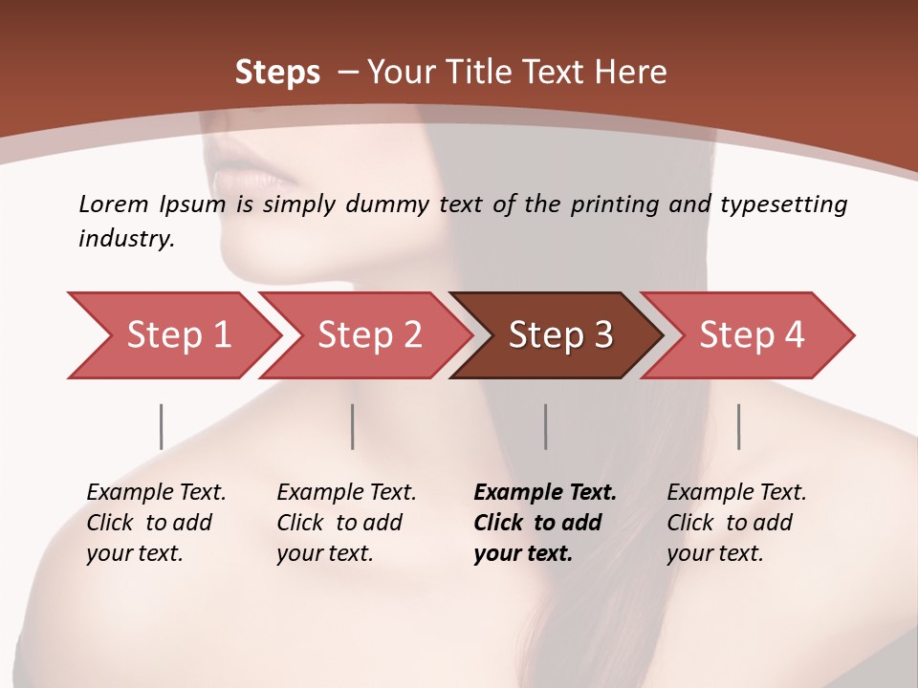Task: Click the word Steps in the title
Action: click(x=277, y=73)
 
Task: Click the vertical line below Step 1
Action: click(x=162, y=426)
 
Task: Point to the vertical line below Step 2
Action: click(x=353, y=426)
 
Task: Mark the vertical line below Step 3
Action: click(x=546, y=426)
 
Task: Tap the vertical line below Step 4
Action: click(x=739, y=426)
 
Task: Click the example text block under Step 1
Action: click(x=156, y=523)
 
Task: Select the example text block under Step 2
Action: click(x=346, y=523)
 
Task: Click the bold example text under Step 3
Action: click(x=544, y=523)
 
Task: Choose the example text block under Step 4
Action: click(x=736, y=523)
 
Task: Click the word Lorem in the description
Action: click(x=113, y=204)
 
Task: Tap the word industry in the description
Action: click(x=125, y=239)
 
